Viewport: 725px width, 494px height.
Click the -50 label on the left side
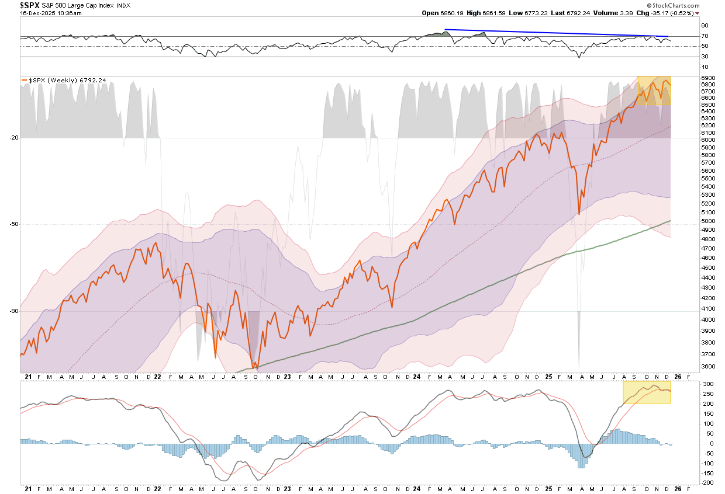tap(13, 224)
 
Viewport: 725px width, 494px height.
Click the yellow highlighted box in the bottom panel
tap(647, 392)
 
